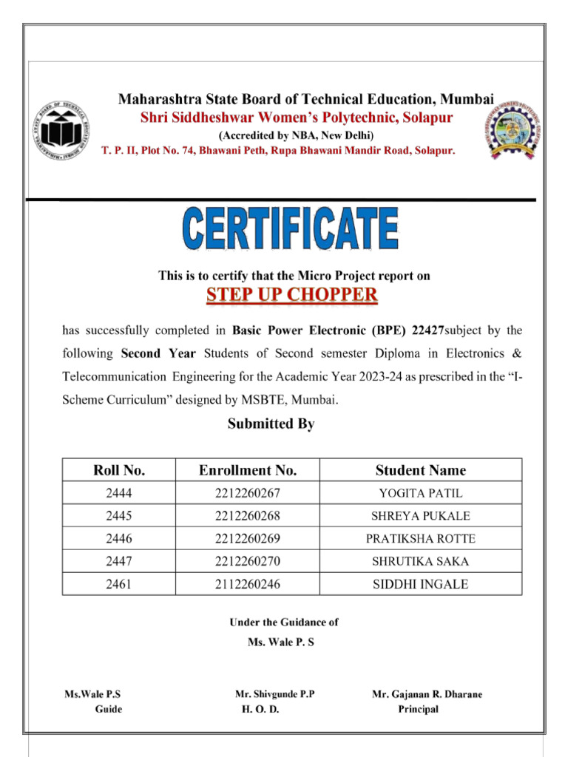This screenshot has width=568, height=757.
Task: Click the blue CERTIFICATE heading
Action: click(x=291, y=229)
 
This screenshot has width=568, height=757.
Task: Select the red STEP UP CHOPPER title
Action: click(x=291, y=296)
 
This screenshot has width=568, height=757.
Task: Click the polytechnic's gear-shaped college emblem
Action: click(x=513, y=132)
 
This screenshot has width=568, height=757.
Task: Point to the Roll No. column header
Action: click(x=119, y=470)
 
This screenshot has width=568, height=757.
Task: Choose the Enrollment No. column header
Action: click(x=248, y=470)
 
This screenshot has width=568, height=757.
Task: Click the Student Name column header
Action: click(x=420, y=470)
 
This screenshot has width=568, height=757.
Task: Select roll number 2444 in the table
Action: click(x=119, y=493)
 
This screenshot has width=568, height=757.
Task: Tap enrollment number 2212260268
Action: click(x=248, y=516)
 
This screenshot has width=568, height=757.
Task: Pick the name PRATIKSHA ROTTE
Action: click(x=420, y=538)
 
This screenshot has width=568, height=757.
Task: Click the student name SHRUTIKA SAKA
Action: click(x=420, y=561)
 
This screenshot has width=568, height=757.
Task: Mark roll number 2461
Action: click(x=119, y=584)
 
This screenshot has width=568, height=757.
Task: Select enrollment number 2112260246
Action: click(x=248, y=584)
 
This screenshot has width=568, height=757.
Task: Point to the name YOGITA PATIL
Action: click(x=420, y=493)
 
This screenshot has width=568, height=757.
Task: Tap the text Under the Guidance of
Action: click(x=283, y=622)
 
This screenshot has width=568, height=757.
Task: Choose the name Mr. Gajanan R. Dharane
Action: click(x=427, y=694)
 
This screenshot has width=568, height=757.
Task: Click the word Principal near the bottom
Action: click(x=418, y=709)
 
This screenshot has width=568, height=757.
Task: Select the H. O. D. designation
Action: click(x=260, y=709)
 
